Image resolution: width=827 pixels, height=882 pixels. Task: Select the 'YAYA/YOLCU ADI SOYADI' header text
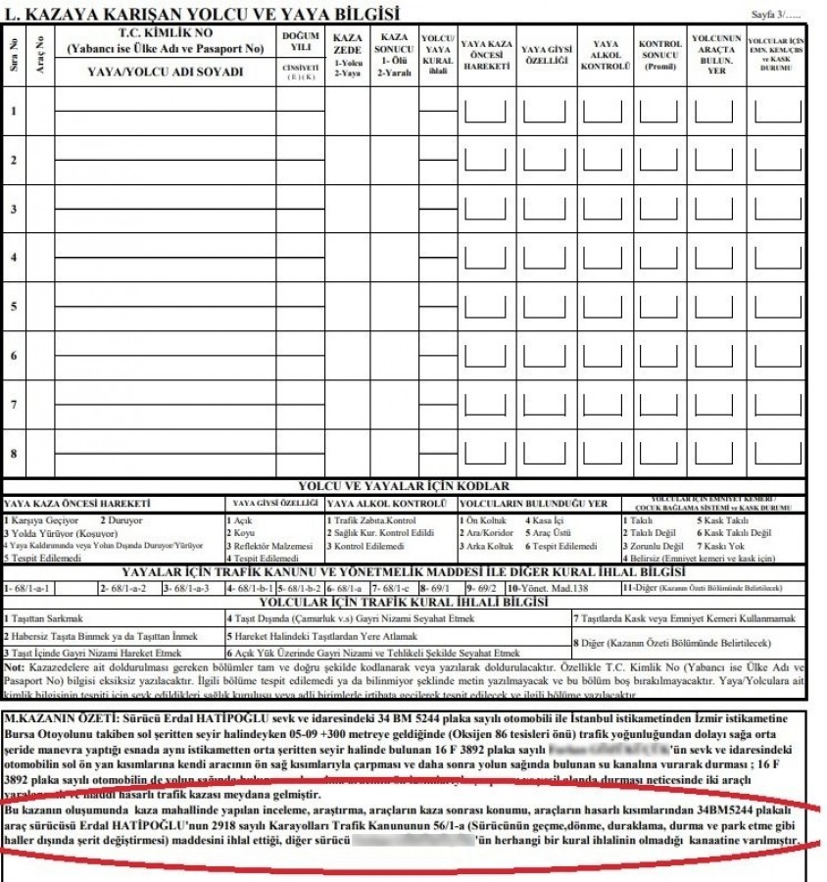164,72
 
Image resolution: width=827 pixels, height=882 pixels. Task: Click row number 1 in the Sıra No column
14,111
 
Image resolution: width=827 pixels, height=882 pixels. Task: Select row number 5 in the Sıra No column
14,306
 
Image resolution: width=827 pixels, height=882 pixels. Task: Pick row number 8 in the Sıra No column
14,453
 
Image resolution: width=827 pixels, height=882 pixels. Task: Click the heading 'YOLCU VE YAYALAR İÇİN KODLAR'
406,486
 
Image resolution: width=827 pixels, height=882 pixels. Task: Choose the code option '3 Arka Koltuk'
488,545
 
